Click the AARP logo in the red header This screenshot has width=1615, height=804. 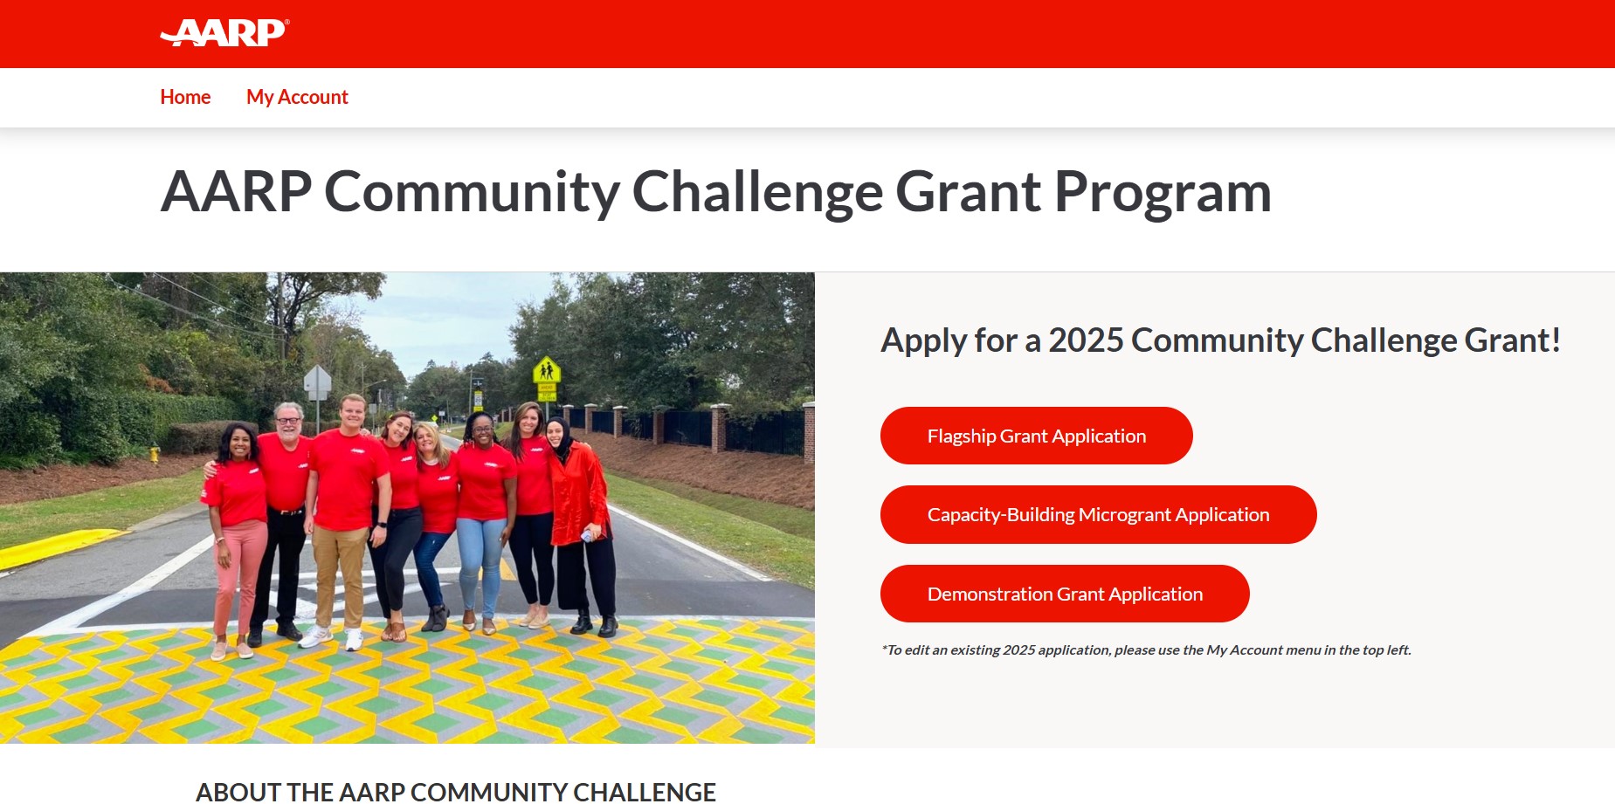coord(224,32)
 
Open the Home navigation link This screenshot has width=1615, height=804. coord(185,97)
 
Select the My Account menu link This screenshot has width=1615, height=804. coord(297,97)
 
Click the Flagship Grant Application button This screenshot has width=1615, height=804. coord(1036,436)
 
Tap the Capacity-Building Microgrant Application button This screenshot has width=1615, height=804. coord(1098,514)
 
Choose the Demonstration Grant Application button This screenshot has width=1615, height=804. coord(1065,594)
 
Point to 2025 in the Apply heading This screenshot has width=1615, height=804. coord(1086,340)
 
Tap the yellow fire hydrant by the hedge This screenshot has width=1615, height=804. coord(155,454)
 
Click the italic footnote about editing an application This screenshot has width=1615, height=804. coord(1146,650)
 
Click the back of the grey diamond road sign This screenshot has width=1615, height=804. coord(317,381)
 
